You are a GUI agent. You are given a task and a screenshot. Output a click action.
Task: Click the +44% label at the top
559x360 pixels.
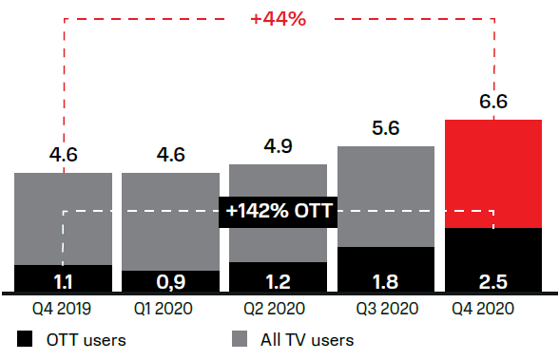[279, 19]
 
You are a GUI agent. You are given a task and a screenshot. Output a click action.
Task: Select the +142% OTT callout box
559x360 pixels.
[279, 211]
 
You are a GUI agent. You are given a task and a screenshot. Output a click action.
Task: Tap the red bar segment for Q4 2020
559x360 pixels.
[492, 173]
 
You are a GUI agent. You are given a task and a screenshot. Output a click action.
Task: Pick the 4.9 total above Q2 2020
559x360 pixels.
[279, 148]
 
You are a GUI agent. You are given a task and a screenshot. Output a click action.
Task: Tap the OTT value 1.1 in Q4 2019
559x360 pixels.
[63, 281]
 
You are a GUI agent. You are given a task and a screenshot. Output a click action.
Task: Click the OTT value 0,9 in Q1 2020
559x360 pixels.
[170, 281]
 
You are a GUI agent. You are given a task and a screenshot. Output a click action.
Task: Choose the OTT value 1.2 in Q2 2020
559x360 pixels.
[279, 281]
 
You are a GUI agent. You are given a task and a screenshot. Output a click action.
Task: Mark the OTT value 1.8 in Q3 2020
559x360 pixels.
[386, 281]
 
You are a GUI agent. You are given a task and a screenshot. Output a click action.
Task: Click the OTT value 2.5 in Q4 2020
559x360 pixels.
[492, 281]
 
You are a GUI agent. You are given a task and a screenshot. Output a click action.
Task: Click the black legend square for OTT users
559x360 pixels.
[25, 339]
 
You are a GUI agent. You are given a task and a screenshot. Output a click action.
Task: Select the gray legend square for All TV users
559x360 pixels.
[240, 339]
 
